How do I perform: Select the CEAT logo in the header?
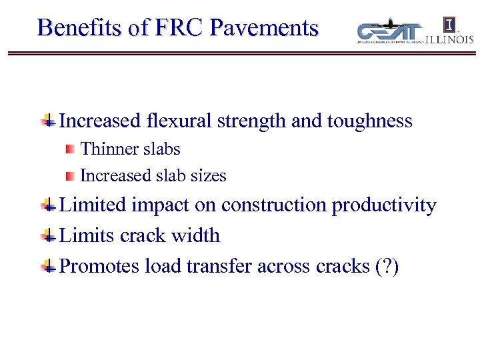[390, 32]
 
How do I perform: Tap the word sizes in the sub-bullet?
[209, 176]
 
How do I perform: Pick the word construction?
[274, 205]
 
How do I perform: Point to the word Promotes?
[97, 266]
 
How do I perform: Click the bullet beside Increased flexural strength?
[48, 121]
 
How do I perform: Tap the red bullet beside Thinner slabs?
[70, 149]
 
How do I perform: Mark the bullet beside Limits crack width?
[48, 235]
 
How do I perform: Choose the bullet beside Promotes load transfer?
[48, 267]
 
